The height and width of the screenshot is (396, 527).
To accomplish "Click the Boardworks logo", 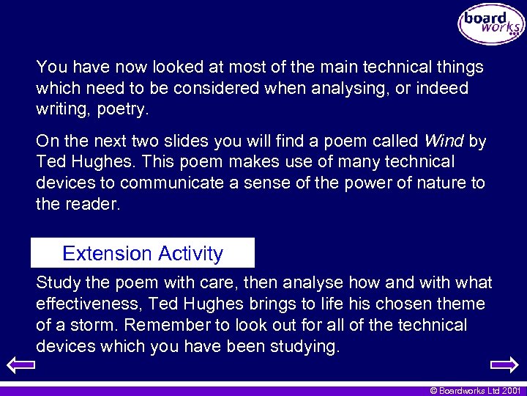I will click(x=491, y=24).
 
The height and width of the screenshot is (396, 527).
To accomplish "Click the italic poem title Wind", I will click(x=444, y=141).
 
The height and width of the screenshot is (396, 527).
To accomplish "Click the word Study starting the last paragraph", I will click(x=59, y=283).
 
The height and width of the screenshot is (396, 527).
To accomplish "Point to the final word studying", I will click(x=304, y=347).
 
